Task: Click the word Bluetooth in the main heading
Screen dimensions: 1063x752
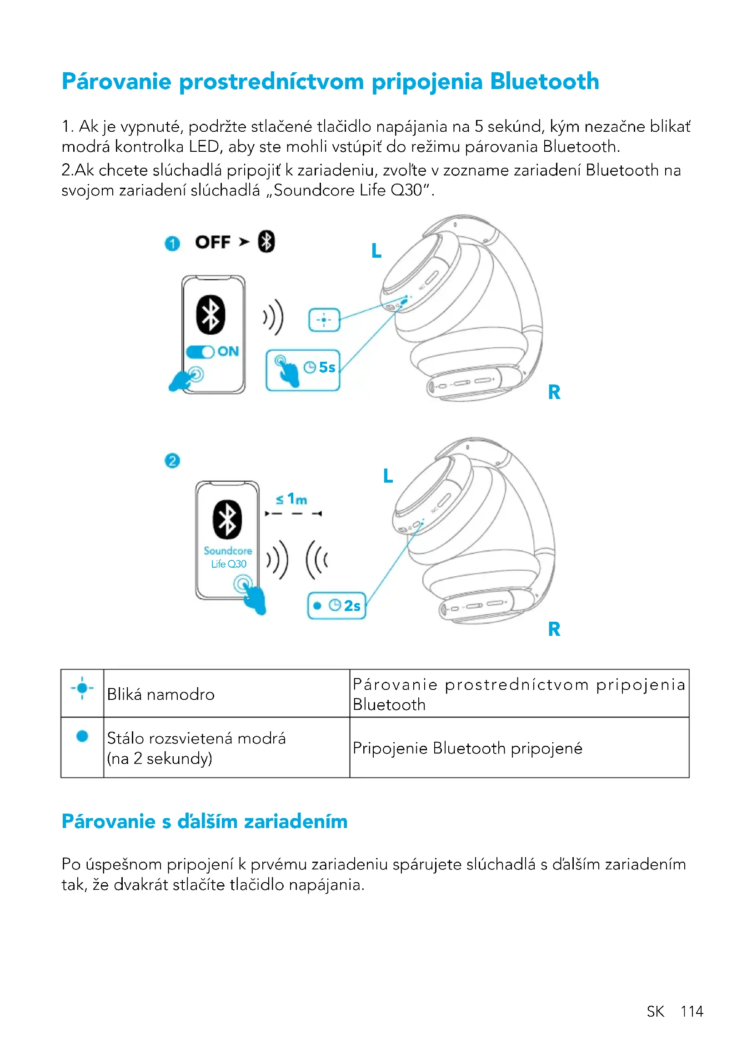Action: point(544,81)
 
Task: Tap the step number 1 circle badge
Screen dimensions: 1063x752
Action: point(172,244)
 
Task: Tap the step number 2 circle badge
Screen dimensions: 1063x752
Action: point(172,461)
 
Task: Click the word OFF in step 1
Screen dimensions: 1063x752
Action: point(212,242)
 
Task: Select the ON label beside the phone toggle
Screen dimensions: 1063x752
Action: point(228,351)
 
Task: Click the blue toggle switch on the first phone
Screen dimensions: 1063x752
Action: point(200,352)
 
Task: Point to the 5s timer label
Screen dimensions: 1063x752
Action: point(327,368)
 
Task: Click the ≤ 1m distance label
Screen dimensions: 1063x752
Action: point(292,499)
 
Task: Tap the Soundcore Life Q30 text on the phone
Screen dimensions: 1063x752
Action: point(228,558)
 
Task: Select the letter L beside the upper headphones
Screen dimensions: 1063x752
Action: point(376,251)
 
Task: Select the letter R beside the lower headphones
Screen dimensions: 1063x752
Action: point(554,629)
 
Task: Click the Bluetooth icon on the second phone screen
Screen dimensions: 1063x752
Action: point(227,519)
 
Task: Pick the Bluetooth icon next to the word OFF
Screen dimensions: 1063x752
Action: point(266,242)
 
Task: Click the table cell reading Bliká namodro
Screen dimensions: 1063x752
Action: point(160,694)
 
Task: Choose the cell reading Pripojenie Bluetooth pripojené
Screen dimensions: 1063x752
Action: point(467,748)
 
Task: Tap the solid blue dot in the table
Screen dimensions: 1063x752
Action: point(82,736)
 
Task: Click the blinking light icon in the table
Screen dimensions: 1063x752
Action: point(82,689)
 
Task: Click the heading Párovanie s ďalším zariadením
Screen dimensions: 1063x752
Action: point(205,821)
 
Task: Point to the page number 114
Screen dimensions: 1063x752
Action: point(692,1011)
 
